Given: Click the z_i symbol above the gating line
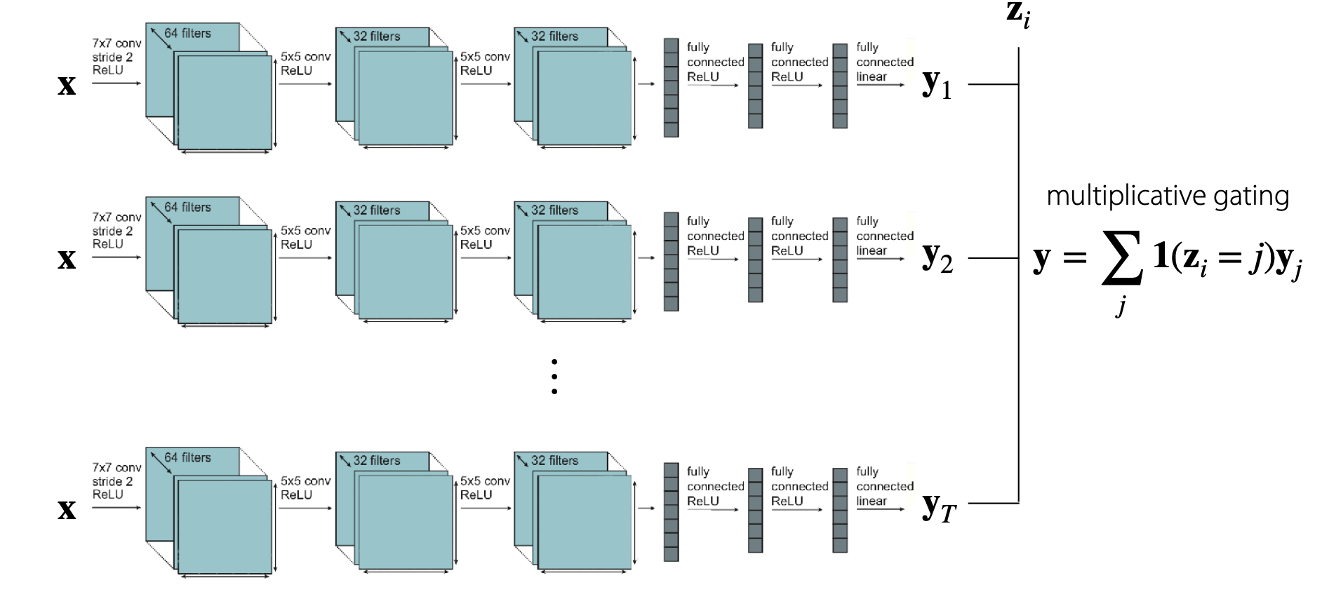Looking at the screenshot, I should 1018,15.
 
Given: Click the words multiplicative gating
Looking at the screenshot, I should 1168,196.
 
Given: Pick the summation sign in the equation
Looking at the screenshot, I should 1121,258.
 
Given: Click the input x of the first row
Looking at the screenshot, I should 67,85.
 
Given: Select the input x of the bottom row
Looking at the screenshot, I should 67,509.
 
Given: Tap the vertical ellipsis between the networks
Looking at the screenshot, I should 554,377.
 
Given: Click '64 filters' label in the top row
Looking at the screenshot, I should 187,33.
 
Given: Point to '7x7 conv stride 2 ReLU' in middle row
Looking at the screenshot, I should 116,231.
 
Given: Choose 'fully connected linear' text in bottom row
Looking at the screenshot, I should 884,486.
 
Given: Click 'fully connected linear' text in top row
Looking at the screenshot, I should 884,62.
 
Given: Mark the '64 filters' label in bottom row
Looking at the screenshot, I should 187,457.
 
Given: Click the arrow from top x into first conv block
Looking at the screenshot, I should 116,83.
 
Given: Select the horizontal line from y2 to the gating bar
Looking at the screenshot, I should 993,258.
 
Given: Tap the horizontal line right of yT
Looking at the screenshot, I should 993,503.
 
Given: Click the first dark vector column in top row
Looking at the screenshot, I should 672,88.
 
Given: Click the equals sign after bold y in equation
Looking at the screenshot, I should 1074,258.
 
